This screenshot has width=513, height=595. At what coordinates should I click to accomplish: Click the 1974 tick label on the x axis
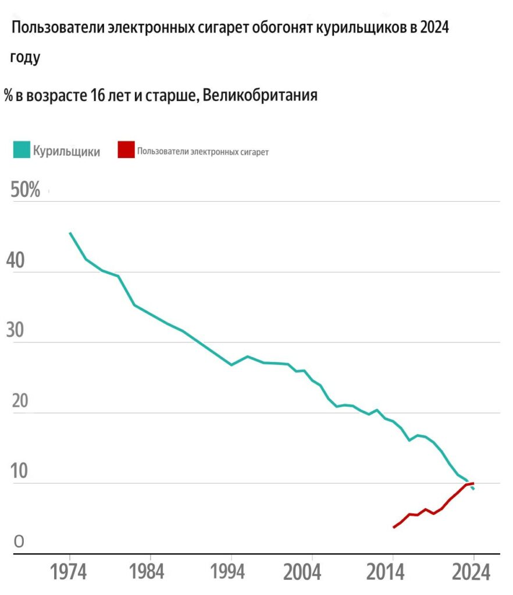click(69, 573)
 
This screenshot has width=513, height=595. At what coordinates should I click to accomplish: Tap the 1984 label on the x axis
click(149, 573)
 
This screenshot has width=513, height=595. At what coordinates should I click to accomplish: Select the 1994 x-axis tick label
click(231, 573)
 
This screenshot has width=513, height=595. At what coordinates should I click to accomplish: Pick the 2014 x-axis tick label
click(393, 573)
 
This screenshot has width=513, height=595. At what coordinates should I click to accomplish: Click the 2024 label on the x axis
click(473, 573)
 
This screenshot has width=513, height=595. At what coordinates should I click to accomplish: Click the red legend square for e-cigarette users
click(126, 150)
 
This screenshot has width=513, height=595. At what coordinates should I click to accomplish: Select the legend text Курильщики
click(66, 151)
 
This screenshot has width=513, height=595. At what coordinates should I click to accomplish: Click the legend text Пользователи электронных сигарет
click(203, 152)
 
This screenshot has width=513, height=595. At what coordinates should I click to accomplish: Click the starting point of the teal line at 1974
click(70, 233)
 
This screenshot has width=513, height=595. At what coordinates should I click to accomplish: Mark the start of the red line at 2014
click(394, 527)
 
